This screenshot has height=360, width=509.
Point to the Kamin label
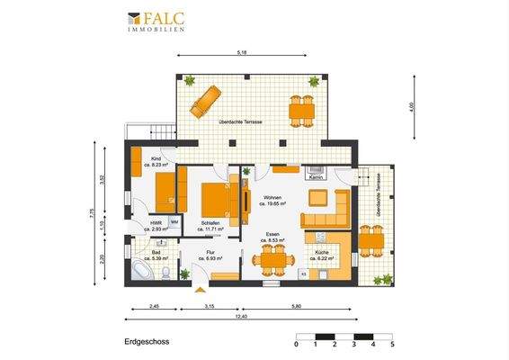316,177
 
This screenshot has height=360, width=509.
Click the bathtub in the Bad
144,269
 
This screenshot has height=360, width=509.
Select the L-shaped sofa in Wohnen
328,213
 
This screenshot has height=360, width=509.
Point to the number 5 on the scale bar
392,345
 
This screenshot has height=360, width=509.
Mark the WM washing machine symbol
174,222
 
